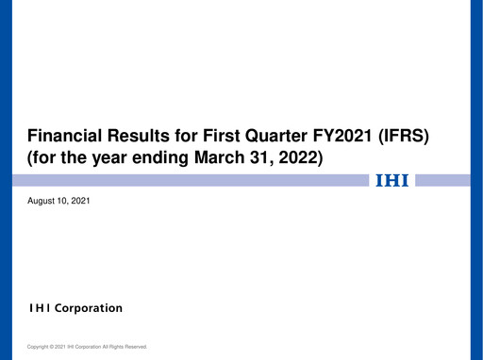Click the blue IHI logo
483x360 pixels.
(392, 180)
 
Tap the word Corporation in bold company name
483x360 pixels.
(88, 308)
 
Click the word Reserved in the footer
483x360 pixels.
(135, 347)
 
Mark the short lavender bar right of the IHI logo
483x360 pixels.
(441, 180)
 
